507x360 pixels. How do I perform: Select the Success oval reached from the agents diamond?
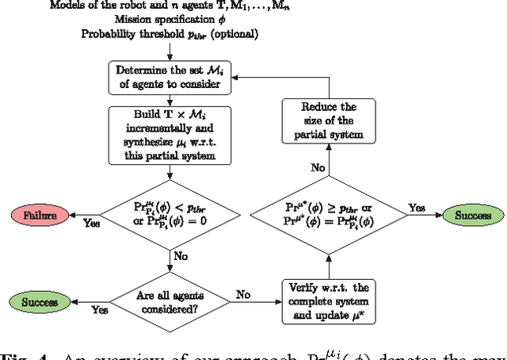37,301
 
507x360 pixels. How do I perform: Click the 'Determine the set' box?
170,77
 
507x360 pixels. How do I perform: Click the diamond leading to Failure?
170,214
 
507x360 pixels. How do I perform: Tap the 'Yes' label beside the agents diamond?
101,311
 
